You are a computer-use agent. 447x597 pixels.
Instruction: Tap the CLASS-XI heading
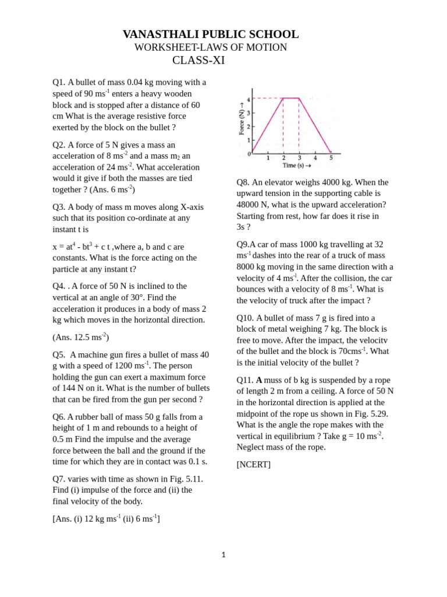point(198,61)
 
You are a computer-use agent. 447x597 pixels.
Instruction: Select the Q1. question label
point(59,82)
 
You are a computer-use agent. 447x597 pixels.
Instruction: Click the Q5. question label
point(59,354)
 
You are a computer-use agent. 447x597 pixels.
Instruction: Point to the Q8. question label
point(243,182)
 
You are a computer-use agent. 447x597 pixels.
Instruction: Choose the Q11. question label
point(244,380)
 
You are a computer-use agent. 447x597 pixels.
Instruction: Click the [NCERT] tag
point(253,465)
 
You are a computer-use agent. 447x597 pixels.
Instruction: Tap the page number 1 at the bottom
point(223,555)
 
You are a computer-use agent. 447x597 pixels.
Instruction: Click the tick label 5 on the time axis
point(331,158)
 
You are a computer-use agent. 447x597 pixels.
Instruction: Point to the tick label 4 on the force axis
point(249,99)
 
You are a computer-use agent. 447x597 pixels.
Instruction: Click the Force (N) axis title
point(242,118)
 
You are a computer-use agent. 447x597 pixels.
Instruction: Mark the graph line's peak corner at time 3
point(299,98)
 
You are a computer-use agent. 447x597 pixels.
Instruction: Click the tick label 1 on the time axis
point(268,158)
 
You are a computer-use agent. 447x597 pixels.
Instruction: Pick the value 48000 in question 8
point(250,205)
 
